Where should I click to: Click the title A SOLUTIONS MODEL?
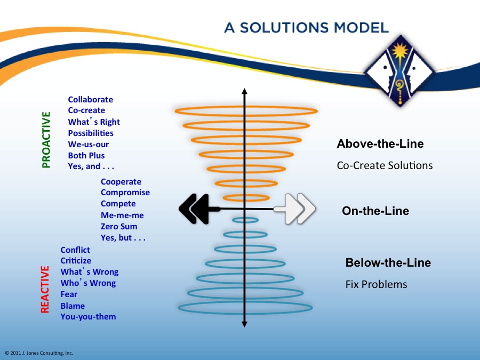(307, 28)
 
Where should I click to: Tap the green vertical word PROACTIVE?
(46, 140)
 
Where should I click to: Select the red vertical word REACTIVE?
(45, 289)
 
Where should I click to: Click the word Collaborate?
(90, 100)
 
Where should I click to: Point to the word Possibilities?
(91, 133)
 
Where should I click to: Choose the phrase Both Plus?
(86, 156)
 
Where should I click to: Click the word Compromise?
(125, 193)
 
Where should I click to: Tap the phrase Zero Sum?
(119, 227)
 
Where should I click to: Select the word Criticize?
(76, 260)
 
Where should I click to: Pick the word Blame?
(73, 306)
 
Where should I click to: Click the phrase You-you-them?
(88, 316)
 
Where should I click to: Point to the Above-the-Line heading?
(380, 144)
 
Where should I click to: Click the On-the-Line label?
(375, 211)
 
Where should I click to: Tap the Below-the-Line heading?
(388, 262)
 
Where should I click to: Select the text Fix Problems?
(376, 284)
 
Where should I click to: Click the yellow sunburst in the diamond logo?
(400, 51)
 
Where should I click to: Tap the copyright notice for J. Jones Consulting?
(39, 353)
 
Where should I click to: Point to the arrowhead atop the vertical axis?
(244, 91)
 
